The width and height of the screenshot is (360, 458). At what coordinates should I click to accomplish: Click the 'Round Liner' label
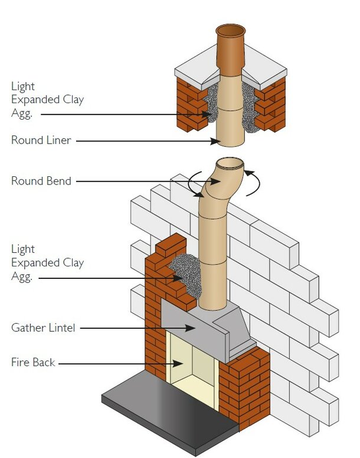tap(41, 141)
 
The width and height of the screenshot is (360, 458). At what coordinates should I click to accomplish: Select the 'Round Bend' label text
tap(41, 181)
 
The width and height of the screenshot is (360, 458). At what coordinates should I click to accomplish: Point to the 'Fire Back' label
tap(33, 363)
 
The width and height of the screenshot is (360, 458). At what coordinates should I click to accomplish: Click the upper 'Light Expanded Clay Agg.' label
tap(47, 100)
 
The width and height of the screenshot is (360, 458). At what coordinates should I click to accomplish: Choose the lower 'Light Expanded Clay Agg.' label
tap(47, 262)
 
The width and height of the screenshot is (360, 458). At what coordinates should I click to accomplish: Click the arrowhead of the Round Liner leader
tap(217, 141)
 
